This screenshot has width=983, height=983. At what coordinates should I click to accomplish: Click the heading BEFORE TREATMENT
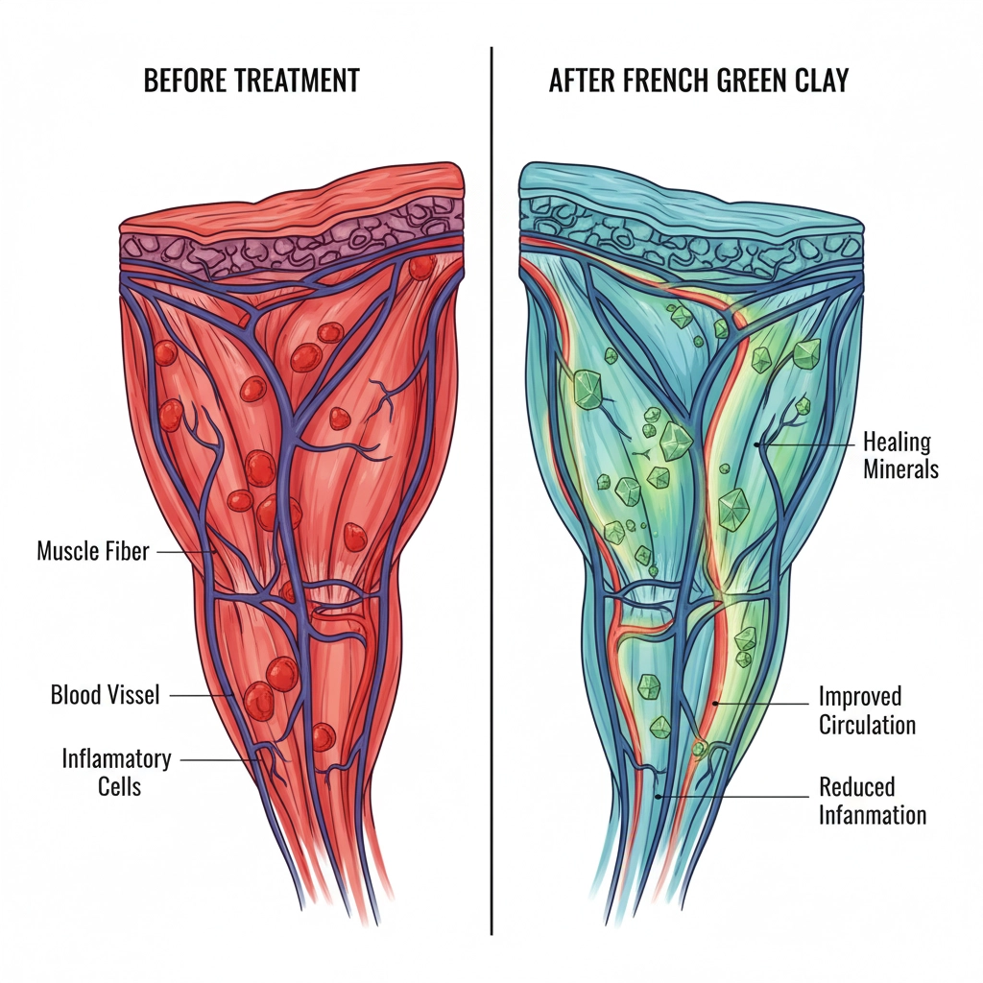252,81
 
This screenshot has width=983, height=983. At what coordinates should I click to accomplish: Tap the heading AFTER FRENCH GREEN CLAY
699,81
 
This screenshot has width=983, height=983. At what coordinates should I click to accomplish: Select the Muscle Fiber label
93,552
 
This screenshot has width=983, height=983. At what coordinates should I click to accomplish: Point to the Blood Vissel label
105,694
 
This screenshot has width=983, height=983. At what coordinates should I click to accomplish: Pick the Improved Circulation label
867,709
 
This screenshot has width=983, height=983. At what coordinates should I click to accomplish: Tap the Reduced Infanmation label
872,802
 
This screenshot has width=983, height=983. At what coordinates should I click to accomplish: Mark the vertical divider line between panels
491,480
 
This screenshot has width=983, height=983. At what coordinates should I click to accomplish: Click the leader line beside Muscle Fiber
183,552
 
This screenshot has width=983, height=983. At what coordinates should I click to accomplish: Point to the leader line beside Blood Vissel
200,694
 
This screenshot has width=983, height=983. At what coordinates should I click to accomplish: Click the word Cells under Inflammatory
119,786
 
